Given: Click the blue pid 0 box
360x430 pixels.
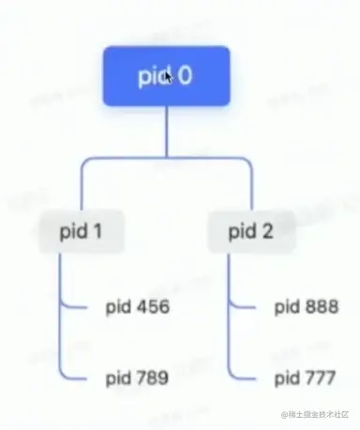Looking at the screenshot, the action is coord(167,76).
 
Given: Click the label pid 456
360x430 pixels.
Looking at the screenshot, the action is coord(136,306).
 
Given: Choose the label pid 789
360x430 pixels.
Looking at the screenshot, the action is coord(136,378).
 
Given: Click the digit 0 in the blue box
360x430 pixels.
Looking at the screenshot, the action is coord(185,76).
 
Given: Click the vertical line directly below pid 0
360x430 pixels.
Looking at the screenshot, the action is coord(166,131).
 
